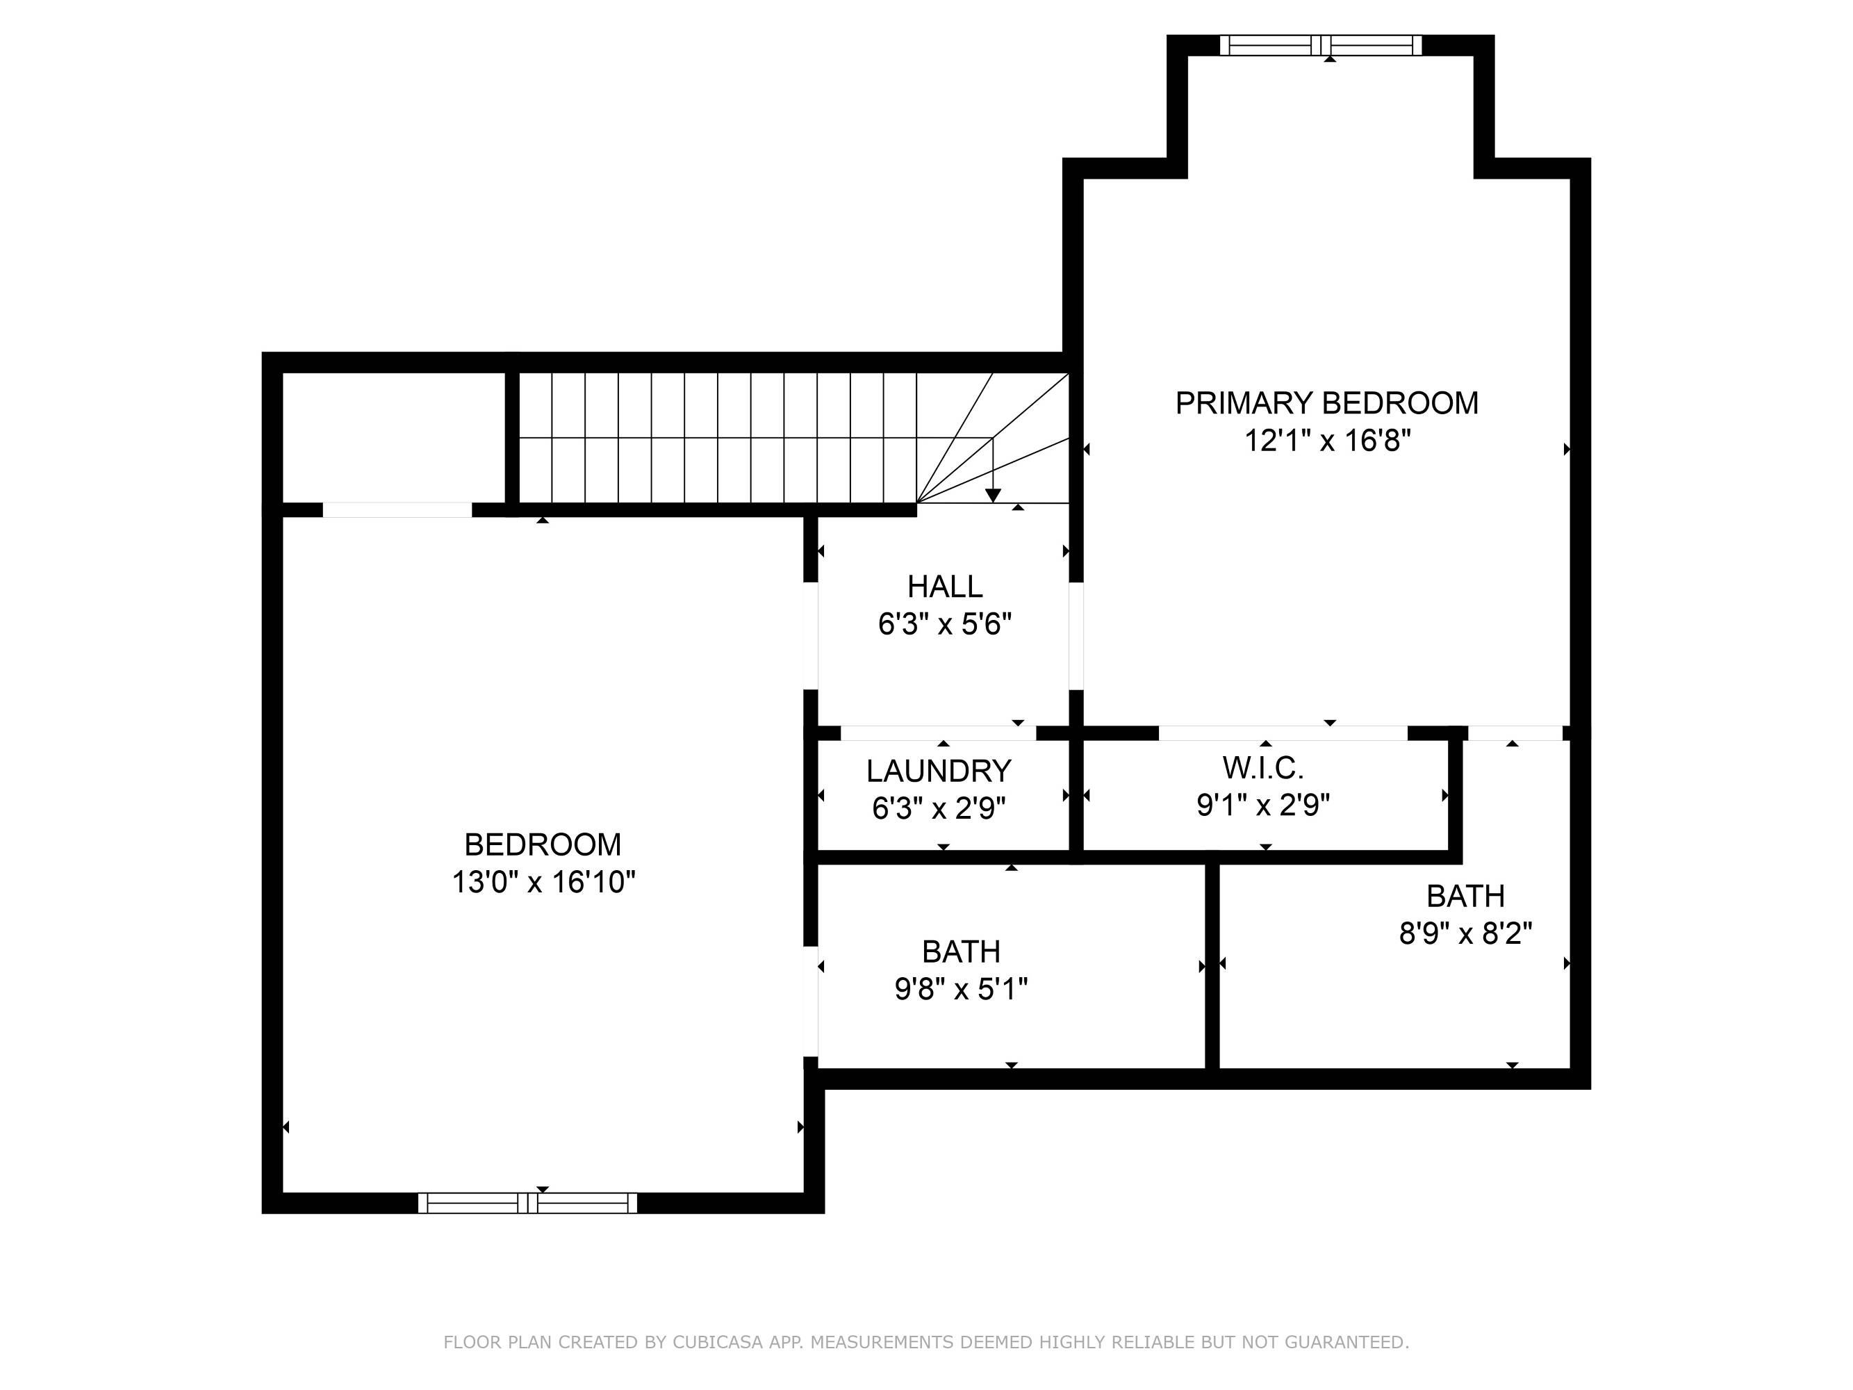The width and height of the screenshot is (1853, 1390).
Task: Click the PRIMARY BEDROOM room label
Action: pos(1326,403)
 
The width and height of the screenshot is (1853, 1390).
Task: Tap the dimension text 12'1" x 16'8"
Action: pos(1328,441)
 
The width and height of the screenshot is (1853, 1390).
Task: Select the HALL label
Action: pos(945,587)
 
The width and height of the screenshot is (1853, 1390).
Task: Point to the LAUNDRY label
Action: pos(939,771)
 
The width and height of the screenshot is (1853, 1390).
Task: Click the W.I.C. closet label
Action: pos(1263,767)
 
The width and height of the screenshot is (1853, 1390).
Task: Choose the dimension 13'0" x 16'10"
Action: pos(543,882)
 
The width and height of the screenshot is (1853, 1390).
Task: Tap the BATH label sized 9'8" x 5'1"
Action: pos(961,951)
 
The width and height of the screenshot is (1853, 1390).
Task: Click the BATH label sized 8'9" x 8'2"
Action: pos(1466,897)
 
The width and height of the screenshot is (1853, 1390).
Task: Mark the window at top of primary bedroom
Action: pos(1320,45)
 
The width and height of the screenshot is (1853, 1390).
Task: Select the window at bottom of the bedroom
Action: pos(528,1203)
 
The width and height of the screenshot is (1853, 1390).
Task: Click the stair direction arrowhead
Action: pos(993,496)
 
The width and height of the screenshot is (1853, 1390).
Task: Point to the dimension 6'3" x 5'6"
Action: pos(945,624)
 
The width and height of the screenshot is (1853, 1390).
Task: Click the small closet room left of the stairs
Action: pos(394,437)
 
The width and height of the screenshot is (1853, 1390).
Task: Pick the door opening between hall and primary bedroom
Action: pos(1076,636)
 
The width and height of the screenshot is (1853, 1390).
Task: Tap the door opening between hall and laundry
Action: pos(938,733)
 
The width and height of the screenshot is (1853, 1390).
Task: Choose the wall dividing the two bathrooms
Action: pos(1211,965)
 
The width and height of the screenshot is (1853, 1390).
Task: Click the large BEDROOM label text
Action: pos(543,844)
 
